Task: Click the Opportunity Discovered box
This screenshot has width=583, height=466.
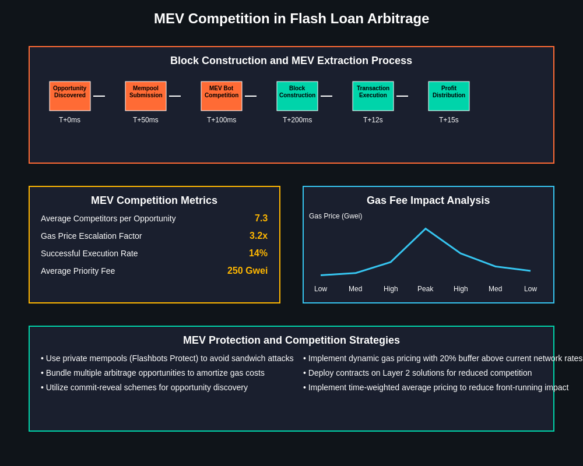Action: [70, 96]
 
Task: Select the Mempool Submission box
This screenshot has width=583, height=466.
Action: [146, 96]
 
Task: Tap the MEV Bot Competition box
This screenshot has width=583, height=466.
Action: [222, 96]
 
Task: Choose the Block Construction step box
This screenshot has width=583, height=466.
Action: [297, 96]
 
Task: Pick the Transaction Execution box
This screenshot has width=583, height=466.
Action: [373, 96]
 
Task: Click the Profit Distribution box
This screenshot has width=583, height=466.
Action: [449, 96]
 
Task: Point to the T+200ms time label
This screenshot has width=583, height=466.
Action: [297, 120]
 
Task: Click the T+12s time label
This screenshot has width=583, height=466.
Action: [373, 120]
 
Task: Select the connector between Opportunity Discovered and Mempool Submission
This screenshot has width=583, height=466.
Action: [99, 96]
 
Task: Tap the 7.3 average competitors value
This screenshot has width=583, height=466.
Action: [261, 218]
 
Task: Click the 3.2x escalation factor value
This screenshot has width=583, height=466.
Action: [258, 236]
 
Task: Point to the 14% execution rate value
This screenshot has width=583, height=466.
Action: [258, 253]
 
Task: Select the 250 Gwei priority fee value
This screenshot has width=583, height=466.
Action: [247, 271]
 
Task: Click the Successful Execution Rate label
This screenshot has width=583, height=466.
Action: [89, 253]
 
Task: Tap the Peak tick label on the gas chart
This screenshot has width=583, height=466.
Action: [426, 289]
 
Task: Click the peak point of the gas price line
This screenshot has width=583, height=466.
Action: [426, 229]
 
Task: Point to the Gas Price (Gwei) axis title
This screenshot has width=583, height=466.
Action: [335, 216]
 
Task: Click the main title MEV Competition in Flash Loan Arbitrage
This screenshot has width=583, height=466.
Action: [291, 19]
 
